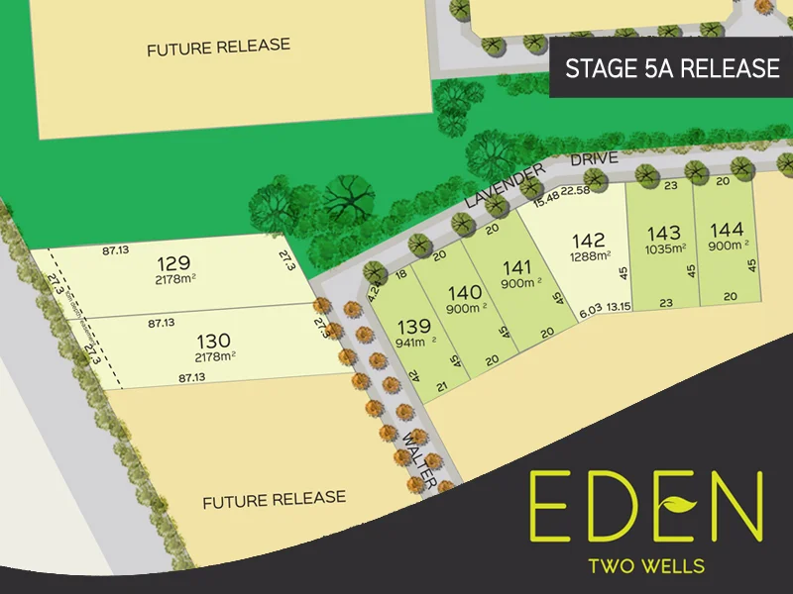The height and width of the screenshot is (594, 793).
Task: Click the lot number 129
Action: tap(173, 264)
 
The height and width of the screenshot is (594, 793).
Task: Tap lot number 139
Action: tap(413, 326)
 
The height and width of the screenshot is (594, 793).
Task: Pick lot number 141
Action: tap(517, 266)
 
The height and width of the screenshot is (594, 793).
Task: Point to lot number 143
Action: tap(663, 233)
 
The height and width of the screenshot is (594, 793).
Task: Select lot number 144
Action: tap(727, 230)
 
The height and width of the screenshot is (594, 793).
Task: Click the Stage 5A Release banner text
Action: tap(671, 68)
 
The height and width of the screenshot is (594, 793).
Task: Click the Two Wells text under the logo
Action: tap(646, 566)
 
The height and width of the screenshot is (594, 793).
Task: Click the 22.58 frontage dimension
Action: tap(575, 190)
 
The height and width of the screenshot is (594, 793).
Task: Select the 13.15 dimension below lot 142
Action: tap(620, 306)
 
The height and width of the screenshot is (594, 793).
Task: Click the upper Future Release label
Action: tap(218, 47)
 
